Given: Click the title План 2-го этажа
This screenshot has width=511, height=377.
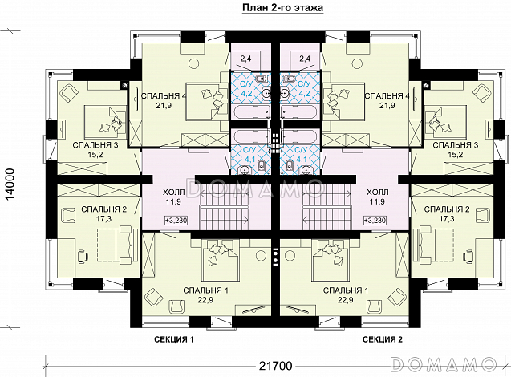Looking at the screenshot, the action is coord(282,7).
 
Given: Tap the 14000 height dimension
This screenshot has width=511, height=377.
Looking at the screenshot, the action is coord(10,187).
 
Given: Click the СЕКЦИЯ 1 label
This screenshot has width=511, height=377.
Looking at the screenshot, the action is coord(174,339).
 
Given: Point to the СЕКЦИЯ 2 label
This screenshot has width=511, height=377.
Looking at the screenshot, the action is coord(383,339).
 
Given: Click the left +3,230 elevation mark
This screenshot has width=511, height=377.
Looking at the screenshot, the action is coord(176,221).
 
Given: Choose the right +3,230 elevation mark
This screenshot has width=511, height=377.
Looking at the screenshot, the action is coord(375,221).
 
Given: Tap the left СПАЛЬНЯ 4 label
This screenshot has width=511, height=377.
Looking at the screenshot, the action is coord(160,96).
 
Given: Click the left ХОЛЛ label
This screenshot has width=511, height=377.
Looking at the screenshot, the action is coord(174,193).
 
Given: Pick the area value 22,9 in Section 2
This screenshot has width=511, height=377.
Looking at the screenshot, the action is coord(346,300).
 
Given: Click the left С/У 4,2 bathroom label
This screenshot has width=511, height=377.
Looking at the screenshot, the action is coord(247,88).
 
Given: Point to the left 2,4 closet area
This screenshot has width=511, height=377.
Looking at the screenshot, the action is coord(247,59).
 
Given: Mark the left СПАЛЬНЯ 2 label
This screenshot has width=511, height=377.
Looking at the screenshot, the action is coord(103,209).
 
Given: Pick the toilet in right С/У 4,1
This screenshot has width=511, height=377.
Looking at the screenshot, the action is coord(290,166).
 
